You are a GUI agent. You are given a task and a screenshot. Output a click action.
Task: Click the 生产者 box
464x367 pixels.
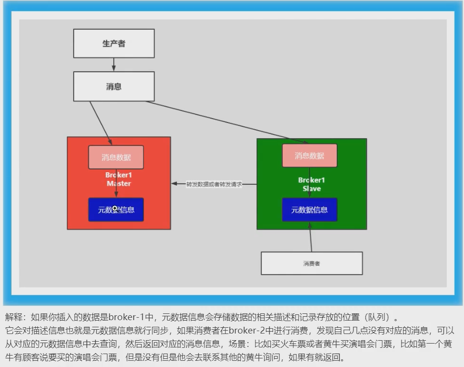click(x=114, y=44)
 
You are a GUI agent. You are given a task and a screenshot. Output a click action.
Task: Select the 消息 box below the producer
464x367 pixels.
click(x=114, y=87)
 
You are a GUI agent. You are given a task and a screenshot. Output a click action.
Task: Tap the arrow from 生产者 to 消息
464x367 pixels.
click(x=114, y=65)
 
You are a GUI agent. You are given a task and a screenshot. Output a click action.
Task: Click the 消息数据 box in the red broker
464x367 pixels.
click(x=116, y=157)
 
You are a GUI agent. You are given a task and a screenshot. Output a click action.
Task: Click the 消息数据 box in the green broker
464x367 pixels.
click(x=309, y=156)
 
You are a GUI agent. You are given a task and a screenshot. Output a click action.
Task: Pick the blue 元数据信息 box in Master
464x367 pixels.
click(x=116, y=210)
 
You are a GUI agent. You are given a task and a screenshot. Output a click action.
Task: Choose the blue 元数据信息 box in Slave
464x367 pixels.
click(x=309, y=210)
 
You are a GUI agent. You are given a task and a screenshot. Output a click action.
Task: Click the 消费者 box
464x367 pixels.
click(x=311, y=263)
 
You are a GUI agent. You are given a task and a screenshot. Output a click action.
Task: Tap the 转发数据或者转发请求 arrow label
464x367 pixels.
click(x=214, y=184)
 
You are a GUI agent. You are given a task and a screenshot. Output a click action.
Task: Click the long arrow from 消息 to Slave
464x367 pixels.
click(x=225, y=122)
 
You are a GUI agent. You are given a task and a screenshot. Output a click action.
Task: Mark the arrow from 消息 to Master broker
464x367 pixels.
click(x=100, y=122)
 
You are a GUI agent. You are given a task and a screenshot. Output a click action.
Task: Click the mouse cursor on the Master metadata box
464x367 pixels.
click(x=115, y=208)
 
